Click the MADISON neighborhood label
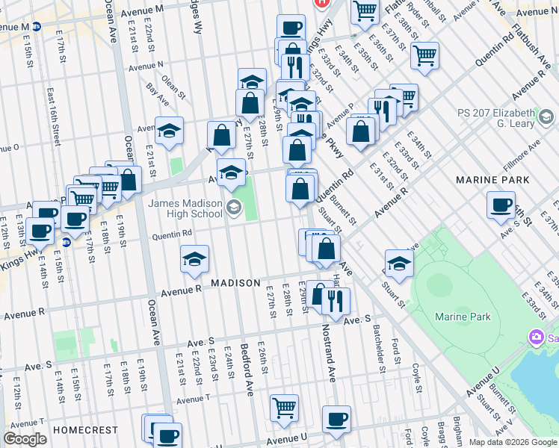pyautogui.click(x=235, y=283)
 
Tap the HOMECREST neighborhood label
pyautogui.click(x=87, y=430)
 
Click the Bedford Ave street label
pyautogui.click(x=247, y=369)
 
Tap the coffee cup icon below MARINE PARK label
pyautogui.click(x=501, y=205)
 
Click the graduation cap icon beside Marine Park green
pyautogui.click(x=399, y=264)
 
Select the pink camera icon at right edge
pyautogui.click(x=535, y=337)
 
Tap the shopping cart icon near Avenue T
pyautogui.click(x=284, y=408)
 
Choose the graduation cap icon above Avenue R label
pyautogui.click(x=194, y=259)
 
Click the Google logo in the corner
pyautogui.click(x=25, y=439)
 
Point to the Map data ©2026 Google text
pyautogui.click(x=512, y=442)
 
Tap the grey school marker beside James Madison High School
pyautogui.click(x=234, y=207)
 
